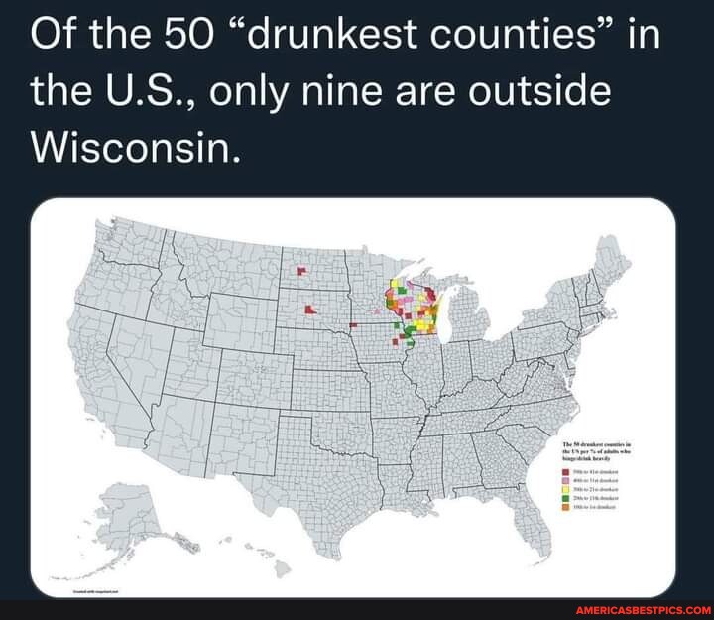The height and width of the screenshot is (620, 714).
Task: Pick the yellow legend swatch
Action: click(565, 489)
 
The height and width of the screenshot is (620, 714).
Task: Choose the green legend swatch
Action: click(565, 497)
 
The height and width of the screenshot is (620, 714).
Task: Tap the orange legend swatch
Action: click(565, 505)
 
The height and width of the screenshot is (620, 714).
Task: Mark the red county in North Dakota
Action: click(300, 269)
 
